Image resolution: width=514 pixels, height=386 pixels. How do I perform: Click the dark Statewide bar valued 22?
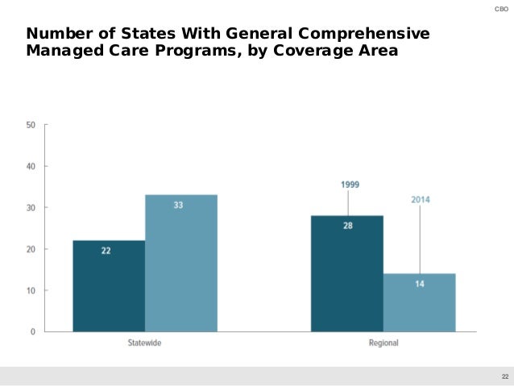(x=109, y=286)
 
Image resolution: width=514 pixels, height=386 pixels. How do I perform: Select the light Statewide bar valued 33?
(x=181, y=264)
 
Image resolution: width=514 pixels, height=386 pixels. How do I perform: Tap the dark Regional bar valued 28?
(x=347, y=274)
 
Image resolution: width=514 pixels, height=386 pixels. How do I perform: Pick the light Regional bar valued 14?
(x=419, y=303)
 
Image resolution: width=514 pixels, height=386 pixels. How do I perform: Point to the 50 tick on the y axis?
(x=31, y=125)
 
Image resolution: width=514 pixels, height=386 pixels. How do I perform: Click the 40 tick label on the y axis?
(x=31, y=166)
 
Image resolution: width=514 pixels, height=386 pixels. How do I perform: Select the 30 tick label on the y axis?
(x=31, y=208)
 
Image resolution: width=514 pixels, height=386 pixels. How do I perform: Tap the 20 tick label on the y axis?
(x=31, y=249)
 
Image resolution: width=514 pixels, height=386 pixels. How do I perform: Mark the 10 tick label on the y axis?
(x=31, y=290)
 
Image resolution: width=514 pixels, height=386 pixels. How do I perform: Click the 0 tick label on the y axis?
(x=33, y=331)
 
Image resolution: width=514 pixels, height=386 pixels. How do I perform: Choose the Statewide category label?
(x=145, y=343)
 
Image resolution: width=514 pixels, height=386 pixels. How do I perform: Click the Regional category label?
(x=383, y=343)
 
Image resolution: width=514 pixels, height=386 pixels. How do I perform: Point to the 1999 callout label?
(x=350, y=185)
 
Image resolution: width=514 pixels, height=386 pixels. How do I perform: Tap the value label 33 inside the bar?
(x=178, y=205)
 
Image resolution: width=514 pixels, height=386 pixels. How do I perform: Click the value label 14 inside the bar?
(x=419, y=284)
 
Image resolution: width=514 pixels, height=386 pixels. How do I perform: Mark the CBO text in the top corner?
(x=499, y=8)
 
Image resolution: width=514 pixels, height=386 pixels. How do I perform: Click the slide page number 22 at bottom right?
(x=504, y=377)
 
